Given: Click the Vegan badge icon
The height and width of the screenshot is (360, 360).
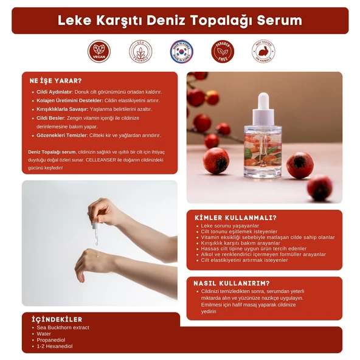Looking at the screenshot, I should (99, 52).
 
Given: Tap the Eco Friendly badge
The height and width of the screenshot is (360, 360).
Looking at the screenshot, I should (140, 52).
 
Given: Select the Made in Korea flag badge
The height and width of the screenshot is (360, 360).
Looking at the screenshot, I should (181, 52).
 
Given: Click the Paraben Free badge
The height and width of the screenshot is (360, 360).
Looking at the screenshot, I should (223, 52).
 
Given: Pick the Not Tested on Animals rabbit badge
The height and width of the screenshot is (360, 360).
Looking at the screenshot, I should (263, 52).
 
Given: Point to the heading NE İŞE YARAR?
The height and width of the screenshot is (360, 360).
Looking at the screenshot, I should (55, 80).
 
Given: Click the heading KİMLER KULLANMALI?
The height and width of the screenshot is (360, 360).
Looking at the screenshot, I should (235, 217).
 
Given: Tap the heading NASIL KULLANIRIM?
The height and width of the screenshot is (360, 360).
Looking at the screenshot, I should (232, 283).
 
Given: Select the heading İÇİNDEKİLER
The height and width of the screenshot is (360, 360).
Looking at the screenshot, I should (57, 319).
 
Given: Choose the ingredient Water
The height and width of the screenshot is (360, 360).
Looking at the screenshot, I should (44, 334).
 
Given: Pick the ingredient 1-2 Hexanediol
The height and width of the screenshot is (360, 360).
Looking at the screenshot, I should (54, 346).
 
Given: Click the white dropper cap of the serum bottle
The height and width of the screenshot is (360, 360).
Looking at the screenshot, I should (263, 105).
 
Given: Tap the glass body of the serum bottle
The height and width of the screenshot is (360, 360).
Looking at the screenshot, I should (263, 150).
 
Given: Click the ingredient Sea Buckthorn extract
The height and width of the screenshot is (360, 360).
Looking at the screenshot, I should (63, 328).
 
